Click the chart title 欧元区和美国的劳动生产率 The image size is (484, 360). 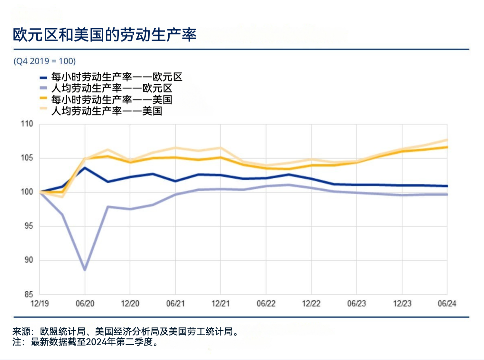pyautogui.click(x=105, y=35)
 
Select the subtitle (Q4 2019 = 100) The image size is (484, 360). pyautogui.click(x=44, y=61)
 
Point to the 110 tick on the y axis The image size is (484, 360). pyautogui.click(x=27, y=124)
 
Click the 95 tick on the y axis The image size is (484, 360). pyautogui.click(x=28, y=226)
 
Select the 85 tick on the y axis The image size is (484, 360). pyautogui.click(x=28, y=294)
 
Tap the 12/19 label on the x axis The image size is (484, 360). pyautogui.click(x=40, y=303)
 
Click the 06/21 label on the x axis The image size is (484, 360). pyautogui.click(x=175, y=303)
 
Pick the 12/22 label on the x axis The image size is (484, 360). pyautogui.click(x=311, y=303)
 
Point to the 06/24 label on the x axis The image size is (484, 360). pyautogui.click(x=447, y=303)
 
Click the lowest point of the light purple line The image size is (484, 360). pyautogui.click(x=85, y=270)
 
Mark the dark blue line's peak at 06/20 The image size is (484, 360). pyautogui.click(x=85, y=168)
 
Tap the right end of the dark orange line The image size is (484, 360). pyautogui.click(x=447, y=147)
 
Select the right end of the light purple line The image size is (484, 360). pyautogui.click(x=447, y=194)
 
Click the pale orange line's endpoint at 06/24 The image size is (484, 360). pyautogui.click(x=447, y=140)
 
